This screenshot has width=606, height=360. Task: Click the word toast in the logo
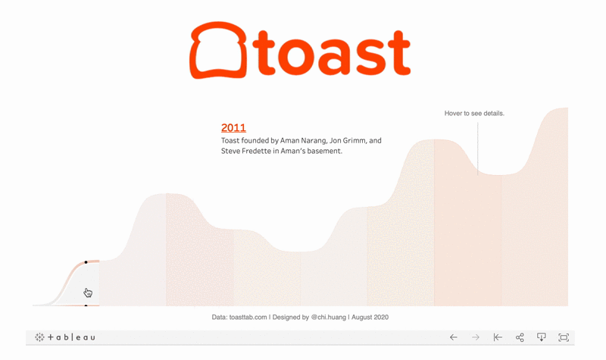pyautogui.click(x=333, y=53)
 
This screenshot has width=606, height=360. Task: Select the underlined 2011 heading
pyautogui.click(x=233, y=129)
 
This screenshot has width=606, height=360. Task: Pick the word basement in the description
pyautogui.click(x=323, y=152)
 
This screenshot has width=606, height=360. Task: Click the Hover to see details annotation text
pyautogui.click(x=474, y=113)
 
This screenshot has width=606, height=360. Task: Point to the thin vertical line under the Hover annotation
pyautogui.click(x=478, y=148)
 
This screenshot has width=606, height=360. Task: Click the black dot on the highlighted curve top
pyautogui.click(x=86, y=262)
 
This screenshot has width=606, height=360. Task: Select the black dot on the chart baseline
pyautogui.click(x=86, y=305)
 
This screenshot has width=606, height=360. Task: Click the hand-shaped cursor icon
pyautogui.click(x=89, y=293)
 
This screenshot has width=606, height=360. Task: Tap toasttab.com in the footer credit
pyautogui.click(x=248, y=318)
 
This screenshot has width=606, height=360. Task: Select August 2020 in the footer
pyautogui.click(x=372, y=318)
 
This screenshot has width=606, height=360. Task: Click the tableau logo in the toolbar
pyautogui.click(x=65, y=337)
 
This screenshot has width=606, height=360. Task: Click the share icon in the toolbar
pyautogui.click(x=520, y=337)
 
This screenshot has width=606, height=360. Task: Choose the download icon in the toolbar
pyautogui.click(x=542, y=337)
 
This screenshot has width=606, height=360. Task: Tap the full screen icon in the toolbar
pyautogui.click(x=564, y=337)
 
